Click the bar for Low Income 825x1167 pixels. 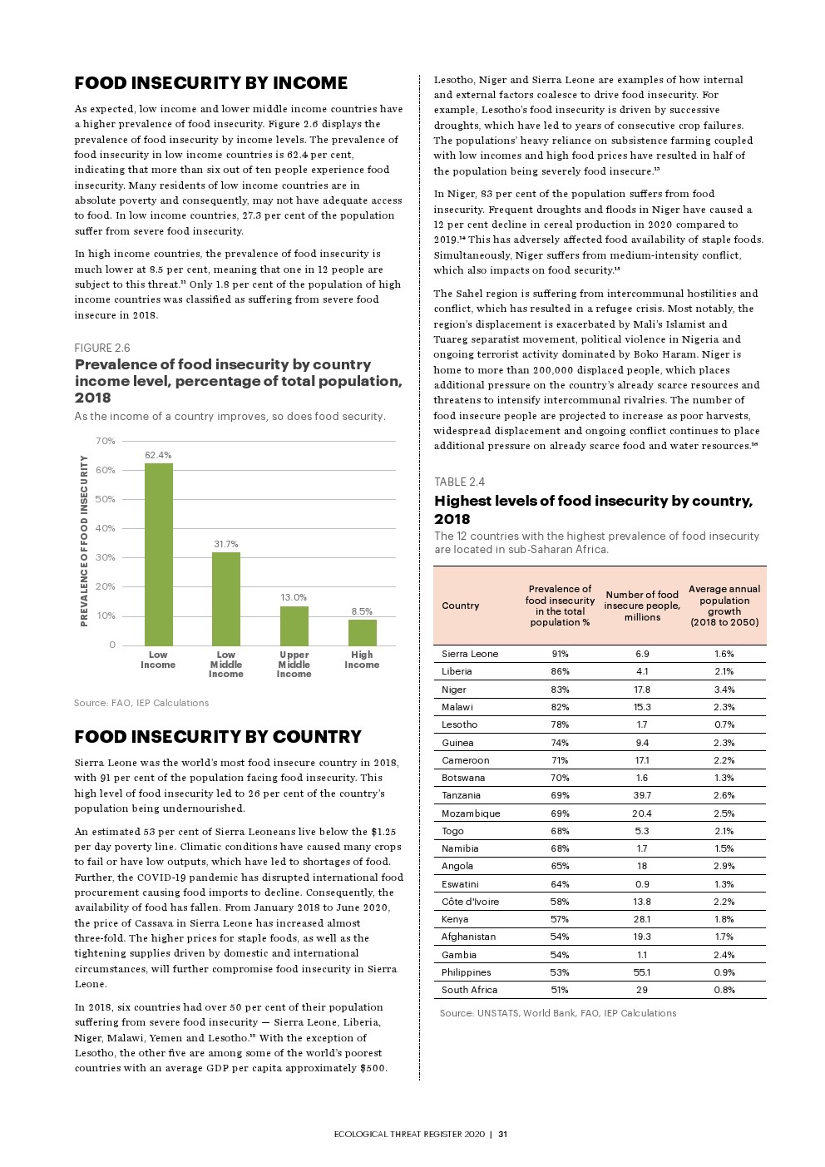(158, 554)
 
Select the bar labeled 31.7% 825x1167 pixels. (226, 599)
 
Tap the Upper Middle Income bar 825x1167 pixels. (294, 626)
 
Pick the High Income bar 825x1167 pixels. (362, 632)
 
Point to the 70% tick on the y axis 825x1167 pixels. (106, 441)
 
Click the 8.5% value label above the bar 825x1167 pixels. (362, 611)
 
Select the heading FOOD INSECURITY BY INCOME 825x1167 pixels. (211, 83)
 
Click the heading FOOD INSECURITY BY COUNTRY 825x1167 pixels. (218, 737)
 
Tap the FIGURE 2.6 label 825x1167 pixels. (102, 348)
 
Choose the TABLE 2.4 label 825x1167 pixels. (459, 482)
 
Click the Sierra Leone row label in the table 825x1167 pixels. (470, 654)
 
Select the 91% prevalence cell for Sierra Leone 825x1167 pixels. (560, 654)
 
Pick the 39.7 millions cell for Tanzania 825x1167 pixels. (641, 795)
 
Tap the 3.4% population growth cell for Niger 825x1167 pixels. (724, 690)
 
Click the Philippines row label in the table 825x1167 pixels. (466, 972)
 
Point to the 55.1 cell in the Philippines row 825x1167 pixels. (641, 972)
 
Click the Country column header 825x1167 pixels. (460, 606)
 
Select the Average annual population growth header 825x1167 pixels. (724, 606)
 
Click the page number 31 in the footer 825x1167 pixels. (503, 1134)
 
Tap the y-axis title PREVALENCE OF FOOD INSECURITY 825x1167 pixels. (84, 541)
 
